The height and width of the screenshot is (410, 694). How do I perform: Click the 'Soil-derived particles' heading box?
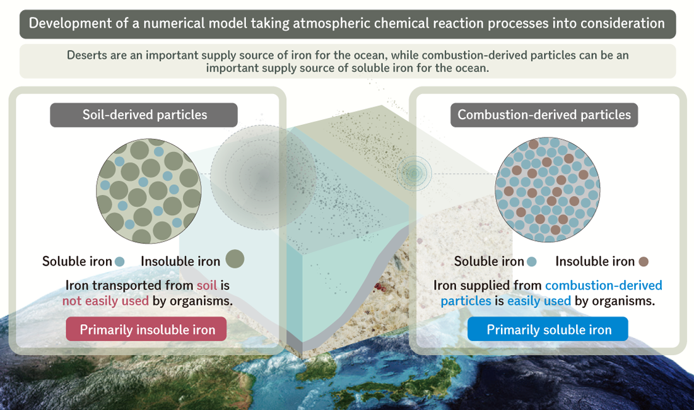point(144,115)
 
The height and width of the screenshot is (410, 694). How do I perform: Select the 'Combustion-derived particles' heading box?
point(544,115)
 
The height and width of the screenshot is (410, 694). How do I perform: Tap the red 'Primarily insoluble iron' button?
point(146,329)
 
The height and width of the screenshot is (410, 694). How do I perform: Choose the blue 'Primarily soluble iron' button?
point(548,329)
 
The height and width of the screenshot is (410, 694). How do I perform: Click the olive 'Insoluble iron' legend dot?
point(235,259)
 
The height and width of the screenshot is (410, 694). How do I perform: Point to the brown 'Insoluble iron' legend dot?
point(644,261)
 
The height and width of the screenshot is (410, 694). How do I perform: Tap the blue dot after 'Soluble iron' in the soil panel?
point(119,261)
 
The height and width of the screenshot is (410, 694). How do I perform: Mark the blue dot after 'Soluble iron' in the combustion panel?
point(532,261)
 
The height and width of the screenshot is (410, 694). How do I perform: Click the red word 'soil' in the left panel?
point(207,285)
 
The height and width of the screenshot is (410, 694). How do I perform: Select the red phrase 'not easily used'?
point(105,301)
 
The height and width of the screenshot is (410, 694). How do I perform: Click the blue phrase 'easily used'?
point(539,301)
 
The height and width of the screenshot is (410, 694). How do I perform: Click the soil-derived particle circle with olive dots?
point(149,191)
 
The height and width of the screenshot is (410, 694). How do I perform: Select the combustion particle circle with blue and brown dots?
point(548,189)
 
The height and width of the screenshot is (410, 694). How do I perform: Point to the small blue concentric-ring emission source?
point(415,173)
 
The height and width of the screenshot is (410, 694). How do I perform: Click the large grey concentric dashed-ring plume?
point(264,177)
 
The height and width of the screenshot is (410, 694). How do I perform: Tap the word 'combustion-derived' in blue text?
point(604,285)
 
